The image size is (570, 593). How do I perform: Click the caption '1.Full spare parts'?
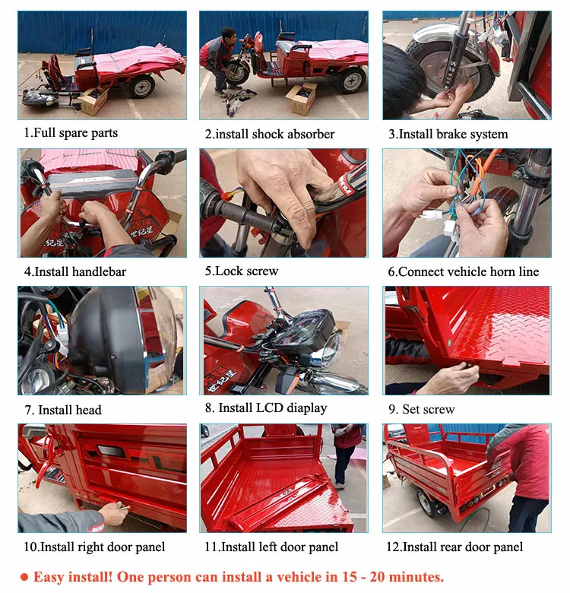click(71, 133)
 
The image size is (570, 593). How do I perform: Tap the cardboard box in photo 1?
click(93, 100)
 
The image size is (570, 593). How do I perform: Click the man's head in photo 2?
click(229, 35)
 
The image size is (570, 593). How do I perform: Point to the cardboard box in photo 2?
click(302, 97)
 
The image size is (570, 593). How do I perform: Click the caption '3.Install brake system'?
click(448, 135)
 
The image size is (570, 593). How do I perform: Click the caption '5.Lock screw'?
click(242, 271)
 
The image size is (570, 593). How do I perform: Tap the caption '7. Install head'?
click(63, 410)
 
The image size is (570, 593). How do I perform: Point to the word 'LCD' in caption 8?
click(270, 407)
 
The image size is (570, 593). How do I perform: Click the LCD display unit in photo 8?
click(303, 328)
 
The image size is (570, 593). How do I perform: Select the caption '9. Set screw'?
click(422, 409)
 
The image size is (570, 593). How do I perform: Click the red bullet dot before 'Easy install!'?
click(24, 577)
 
